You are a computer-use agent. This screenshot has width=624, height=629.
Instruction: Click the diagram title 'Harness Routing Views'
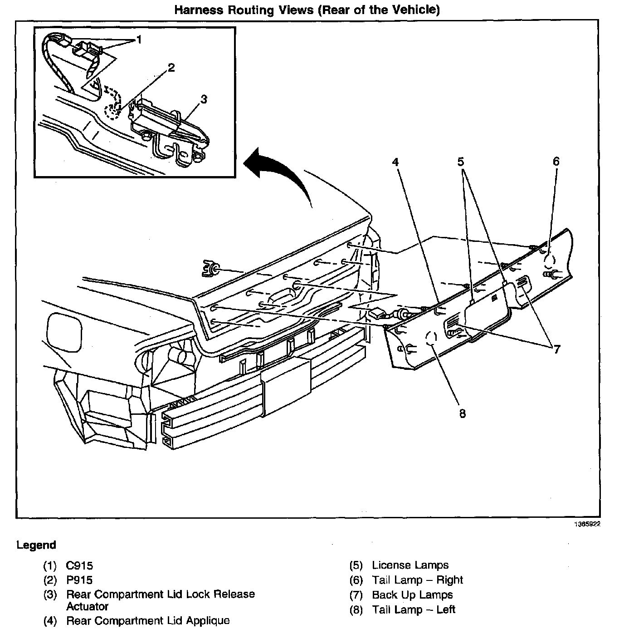pyautogui.click(x=307, y=10)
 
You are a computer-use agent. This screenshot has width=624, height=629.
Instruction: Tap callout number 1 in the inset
pyautogui.click(x=139, y=40)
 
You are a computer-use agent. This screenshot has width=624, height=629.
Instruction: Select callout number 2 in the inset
pyautogui.click(x=171, y=68)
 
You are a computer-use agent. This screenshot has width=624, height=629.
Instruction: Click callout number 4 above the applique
pyautogui.click(x=395, y=162)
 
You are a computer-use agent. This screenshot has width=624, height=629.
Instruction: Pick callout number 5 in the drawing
pyautogui.click(x=461, y=162)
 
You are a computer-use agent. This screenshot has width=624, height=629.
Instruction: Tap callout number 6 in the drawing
pyautogui.click(x=556, y=162)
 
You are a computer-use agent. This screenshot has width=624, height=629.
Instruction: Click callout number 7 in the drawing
pyautogui.click(x=556, y=349)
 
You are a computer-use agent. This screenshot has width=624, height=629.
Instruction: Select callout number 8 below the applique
pyautogui.click(x=462, y=413)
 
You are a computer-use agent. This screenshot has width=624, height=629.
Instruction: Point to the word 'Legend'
pyautogui.click(x=36, y=545)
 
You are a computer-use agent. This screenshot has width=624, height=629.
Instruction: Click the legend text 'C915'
pyautogui.click(x=79, y=565)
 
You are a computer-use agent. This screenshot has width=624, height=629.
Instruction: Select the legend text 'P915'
pyautogui.click(x=79, y=580)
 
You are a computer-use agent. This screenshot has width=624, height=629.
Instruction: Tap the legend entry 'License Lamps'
pyautogui.click(x=410, y=565)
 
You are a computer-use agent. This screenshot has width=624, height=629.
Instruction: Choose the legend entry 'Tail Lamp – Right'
pyautogui.click(x=417, y=580)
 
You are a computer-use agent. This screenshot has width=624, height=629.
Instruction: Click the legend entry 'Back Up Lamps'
pyautogui.click(x=412, y=595)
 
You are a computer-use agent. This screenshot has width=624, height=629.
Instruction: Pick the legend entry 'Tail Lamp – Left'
pyautogui.click(x=413, y=609)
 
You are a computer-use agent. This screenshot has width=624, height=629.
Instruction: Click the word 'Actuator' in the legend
pyautogui.click(x=87, y=606)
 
